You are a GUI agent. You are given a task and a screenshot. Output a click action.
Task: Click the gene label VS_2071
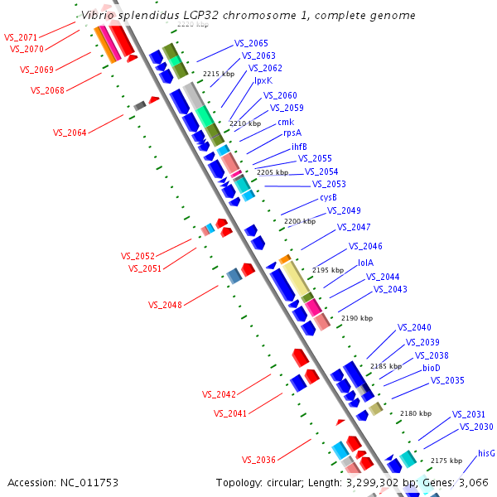click(x=21, y=38)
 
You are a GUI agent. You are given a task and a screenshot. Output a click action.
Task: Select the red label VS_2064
click(x=70, y=133)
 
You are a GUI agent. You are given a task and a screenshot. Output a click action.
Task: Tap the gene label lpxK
click(x=263, y=80)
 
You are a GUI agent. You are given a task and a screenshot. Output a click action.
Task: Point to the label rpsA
click(x=292, y=133)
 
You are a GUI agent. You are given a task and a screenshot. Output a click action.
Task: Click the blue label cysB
click(x=328, y=197)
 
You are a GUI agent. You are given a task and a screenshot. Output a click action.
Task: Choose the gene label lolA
click(x=365, y=263)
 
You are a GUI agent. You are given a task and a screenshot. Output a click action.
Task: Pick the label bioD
click(x=432, y=368)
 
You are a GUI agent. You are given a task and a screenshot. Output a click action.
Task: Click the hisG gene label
click(x=486, y=453)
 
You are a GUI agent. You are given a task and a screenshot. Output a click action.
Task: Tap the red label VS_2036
click(x=258, y=460)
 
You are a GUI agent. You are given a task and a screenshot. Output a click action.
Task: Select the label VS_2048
click(x=165, y=305)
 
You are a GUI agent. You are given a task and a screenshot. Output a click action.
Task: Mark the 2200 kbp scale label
click(x=299, y=221)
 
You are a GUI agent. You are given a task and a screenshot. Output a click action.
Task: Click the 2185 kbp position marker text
click(x=386, y=366)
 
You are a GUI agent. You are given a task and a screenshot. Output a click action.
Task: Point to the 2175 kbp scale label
click(x=446, y=460)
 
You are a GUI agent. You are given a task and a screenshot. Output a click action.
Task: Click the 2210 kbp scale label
click(x=245, y=123)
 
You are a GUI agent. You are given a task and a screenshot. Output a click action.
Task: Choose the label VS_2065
click(x=251, y=43)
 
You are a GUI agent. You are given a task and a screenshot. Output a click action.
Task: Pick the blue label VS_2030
click(x=476, y=427)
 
